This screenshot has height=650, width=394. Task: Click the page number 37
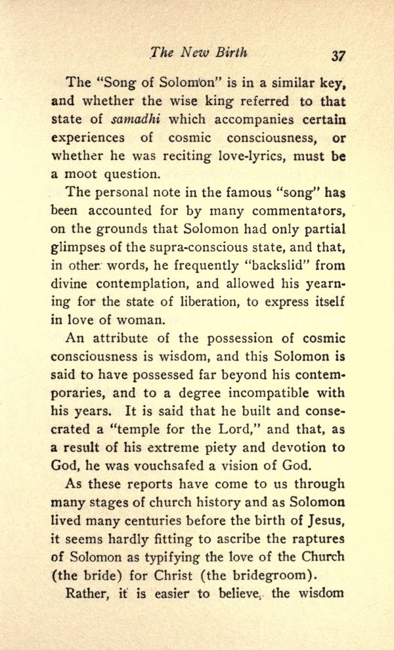point(338,56)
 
